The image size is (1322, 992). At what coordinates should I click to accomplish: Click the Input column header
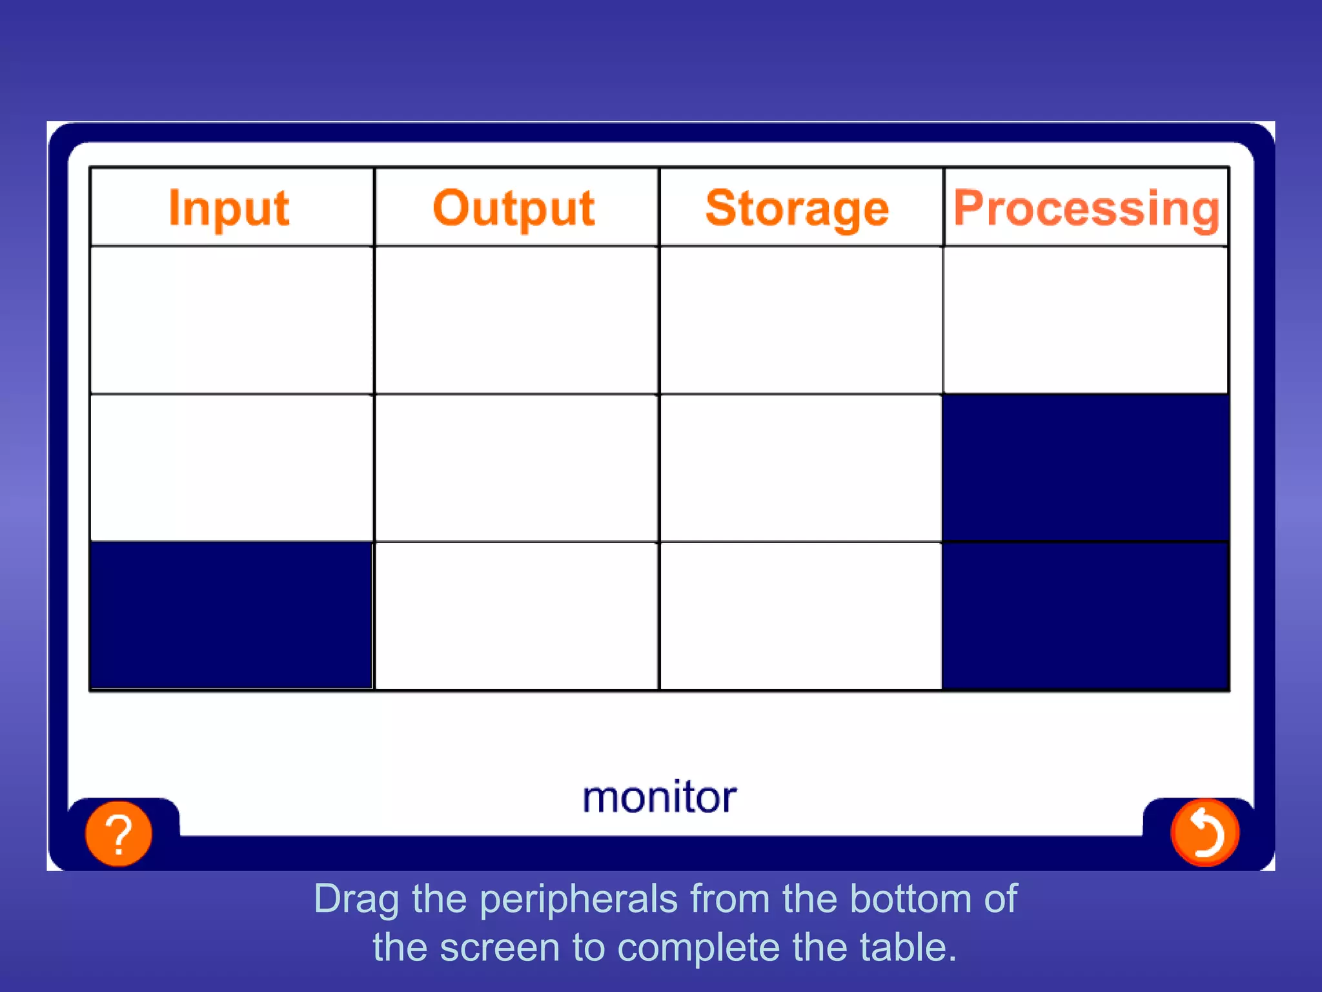coord(229,208)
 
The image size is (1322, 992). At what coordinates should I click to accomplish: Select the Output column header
coord(514,208)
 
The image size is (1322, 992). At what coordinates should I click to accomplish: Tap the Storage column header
coord(798,208)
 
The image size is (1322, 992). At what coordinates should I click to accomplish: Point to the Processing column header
coord(1086,208)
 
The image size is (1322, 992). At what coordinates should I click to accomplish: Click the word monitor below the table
coord(659,797)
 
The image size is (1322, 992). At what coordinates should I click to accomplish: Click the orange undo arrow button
coord(1205,833)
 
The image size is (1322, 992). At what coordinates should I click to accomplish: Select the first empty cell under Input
coord(232,320)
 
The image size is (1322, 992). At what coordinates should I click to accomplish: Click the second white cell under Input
coord(232,468)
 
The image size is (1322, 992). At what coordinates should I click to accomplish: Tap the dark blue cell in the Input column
coord(232,615)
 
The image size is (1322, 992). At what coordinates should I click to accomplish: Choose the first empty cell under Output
coord(516,320)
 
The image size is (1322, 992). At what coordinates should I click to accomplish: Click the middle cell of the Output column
coord(516,468)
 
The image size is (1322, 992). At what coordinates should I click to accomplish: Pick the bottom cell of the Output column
coord(516,615)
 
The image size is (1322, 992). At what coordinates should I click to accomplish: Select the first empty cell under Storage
coord(800,320)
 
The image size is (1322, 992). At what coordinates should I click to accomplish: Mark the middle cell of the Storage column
coord(800,468)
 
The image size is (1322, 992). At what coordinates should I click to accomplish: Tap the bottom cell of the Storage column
coord(800,615)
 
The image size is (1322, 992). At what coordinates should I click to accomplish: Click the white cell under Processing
coord(1086,320)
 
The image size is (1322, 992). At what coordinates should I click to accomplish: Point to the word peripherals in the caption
coord(578,899)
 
